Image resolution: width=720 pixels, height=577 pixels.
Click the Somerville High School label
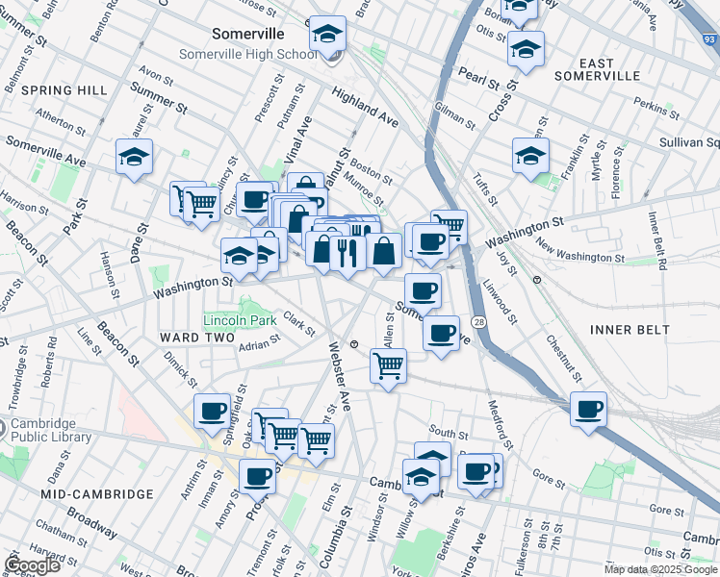coord(248,54)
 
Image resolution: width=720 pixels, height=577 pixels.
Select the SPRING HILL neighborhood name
coord(64,90)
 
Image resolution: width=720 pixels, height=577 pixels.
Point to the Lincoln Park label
coord(240,320)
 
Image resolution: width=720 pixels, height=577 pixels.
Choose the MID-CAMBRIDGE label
coord(97,493)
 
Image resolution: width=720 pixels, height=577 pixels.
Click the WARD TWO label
coord(198,338)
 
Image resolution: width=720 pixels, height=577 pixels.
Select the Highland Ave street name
coord(365,107)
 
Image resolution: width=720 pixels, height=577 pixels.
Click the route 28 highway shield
coord(478,321)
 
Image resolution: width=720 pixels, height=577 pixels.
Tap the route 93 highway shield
coord(709,40)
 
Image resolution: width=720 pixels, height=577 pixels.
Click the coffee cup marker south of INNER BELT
coord(588,409)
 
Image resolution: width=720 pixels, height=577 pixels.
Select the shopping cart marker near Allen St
coord(388,364)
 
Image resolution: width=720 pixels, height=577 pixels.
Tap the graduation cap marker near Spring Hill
coord(134,156)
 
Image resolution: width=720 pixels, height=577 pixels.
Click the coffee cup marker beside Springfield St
coord(213,411)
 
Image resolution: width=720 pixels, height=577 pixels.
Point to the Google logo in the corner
coord(32,564)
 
